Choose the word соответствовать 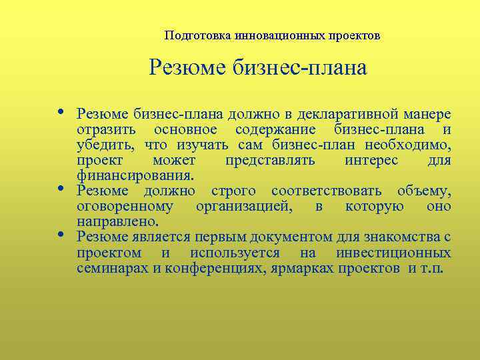(325, 191)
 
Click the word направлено (117, 222)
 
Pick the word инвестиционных (393, 253)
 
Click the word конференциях (219, 269)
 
